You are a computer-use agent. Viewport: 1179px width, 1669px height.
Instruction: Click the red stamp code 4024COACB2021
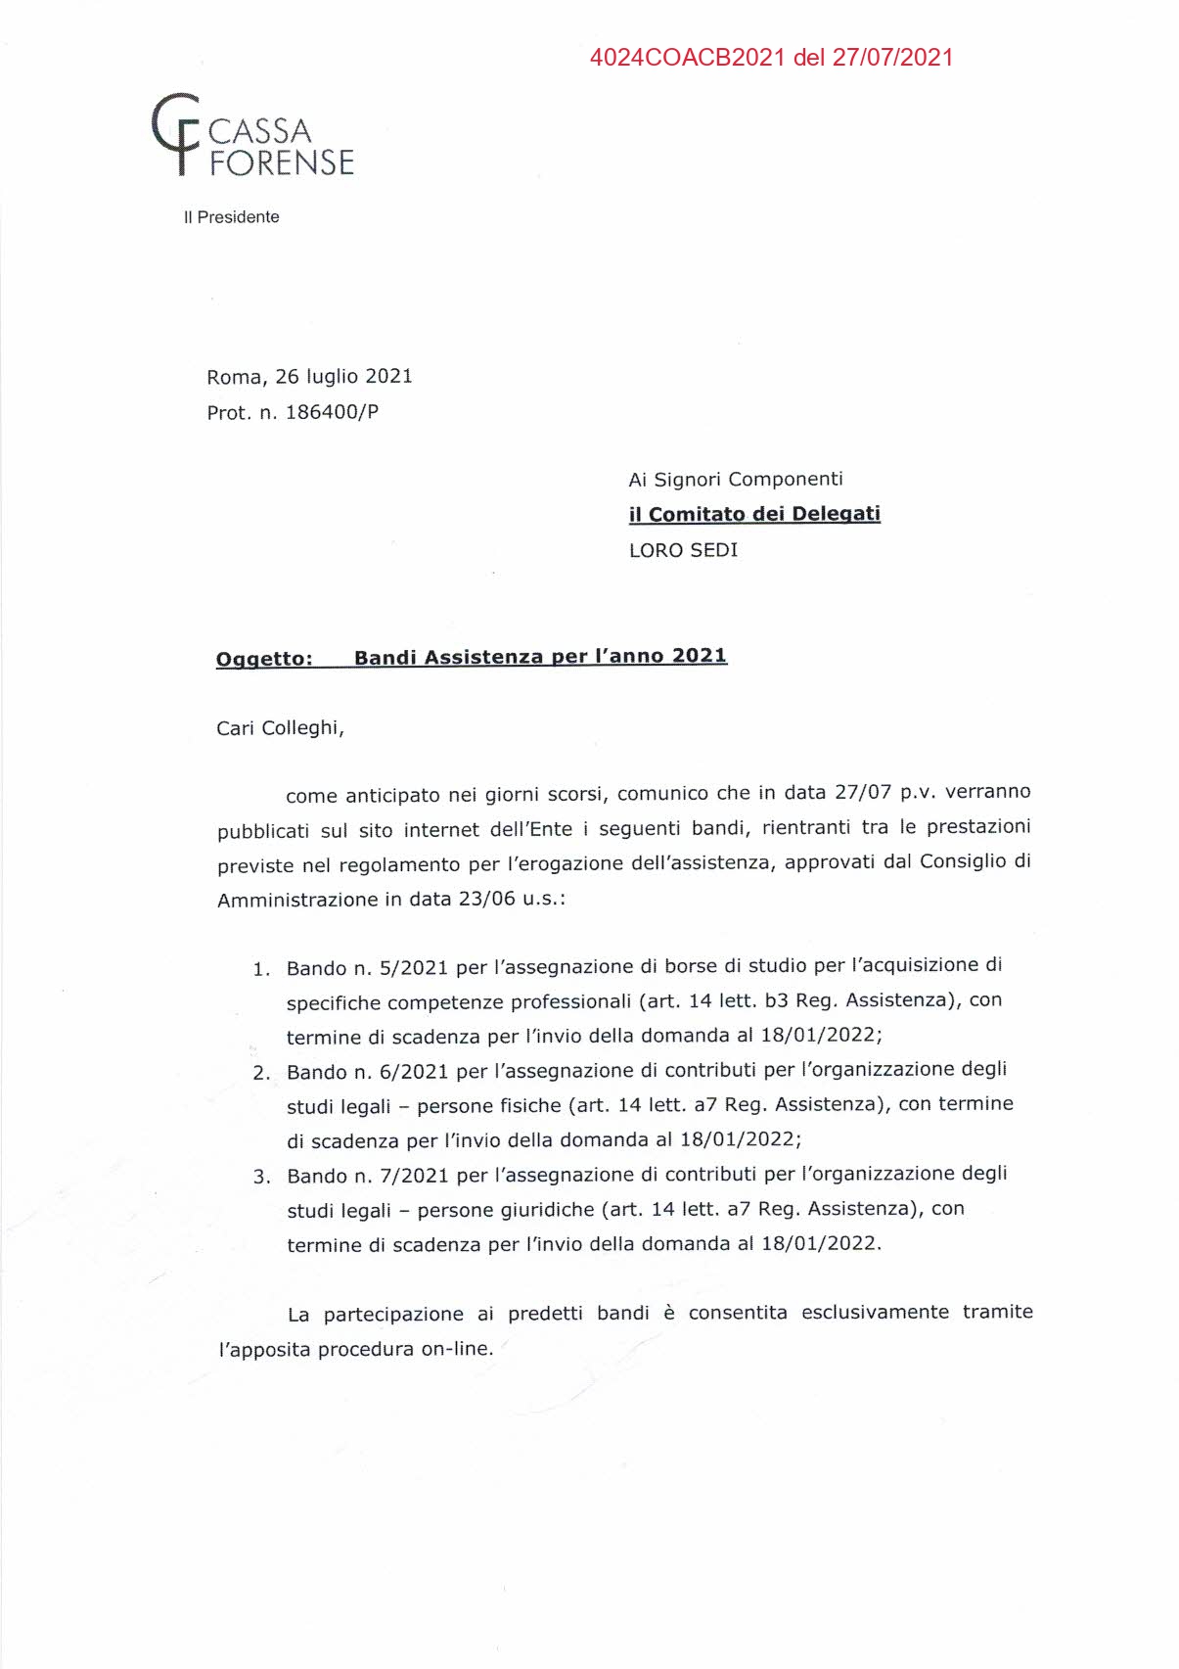(687, 57)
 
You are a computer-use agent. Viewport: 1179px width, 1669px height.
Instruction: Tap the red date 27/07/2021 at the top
(892, 57)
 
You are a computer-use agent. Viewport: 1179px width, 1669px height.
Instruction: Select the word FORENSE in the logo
(282, 162)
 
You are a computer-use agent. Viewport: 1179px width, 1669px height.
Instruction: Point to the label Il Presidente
(231, 217)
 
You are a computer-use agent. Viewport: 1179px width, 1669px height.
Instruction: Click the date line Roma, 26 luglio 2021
(309, 377)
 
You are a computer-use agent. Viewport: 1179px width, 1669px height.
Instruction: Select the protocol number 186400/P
(332, 412)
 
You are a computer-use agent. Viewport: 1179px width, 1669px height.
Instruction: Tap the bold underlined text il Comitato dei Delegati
(754, 514)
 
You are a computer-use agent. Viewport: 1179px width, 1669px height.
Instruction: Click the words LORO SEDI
(683, 550)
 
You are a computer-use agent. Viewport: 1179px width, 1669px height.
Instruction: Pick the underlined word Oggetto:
(264, 658)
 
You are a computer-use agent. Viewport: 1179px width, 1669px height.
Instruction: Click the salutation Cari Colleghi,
(280, 728)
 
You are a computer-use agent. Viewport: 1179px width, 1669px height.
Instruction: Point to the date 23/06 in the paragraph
(486, 899)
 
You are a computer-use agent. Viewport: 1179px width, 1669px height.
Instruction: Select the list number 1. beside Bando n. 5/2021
(261, 969)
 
